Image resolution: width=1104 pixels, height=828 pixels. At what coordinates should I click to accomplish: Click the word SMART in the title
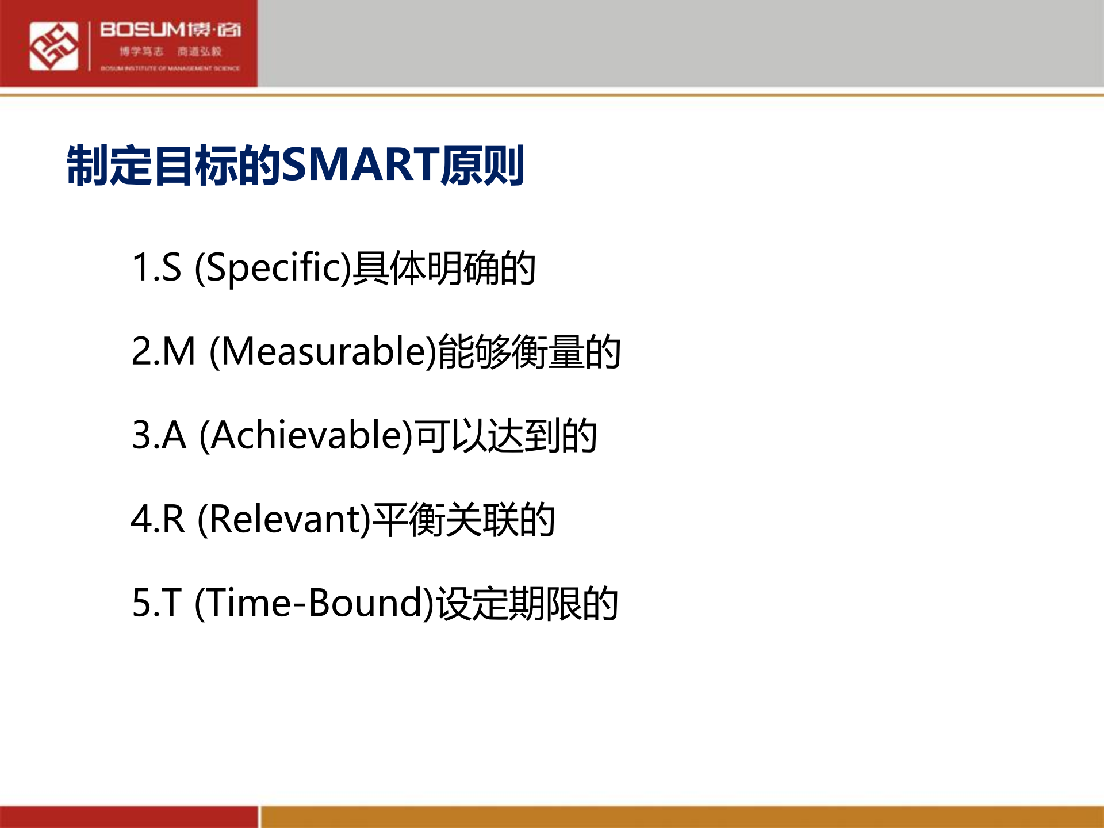[361, 165]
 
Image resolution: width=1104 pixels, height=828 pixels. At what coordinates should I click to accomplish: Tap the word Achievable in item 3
[306, 435]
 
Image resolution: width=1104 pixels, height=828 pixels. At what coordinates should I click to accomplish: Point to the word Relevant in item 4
[284, 519]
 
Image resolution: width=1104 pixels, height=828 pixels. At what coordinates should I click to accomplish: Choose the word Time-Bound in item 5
[314, 603]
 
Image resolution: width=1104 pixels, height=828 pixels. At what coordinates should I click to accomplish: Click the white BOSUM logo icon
[53, 46]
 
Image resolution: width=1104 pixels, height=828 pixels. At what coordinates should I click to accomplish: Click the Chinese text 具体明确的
[444, 268]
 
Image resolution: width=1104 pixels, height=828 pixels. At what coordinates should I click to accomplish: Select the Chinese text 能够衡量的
[529, 351]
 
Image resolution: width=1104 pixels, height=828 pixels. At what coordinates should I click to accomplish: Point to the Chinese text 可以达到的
[506, 435]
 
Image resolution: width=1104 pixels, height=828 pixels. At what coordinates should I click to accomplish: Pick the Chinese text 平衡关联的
[463, 519]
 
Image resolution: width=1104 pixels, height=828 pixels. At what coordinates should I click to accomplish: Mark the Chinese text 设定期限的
[527, 603]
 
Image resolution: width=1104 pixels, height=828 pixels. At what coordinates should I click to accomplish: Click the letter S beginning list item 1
[171, 268]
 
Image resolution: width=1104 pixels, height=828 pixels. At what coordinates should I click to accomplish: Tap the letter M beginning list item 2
[179, 351]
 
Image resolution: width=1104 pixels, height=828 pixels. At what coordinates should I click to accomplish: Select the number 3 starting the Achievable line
[141, 435]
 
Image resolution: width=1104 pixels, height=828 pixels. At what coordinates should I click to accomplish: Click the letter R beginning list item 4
[174, 519]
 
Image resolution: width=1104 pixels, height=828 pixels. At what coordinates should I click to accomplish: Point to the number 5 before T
[141, 603]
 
